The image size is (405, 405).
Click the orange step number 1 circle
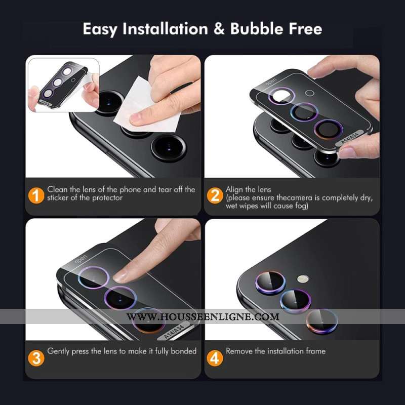tap(35, 195)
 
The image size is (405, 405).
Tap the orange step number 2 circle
tap(215, 195)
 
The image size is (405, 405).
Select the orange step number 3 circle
tap(35, 358)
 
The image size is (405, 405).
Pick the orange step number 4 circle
tap(215, 358)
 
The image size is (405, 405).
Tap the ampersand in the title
tap(219, 29)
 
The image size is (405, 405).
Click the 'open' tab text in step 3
tap(81, 260)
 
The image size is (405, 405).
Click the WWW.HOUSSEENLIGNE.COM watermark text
tap(202, 317)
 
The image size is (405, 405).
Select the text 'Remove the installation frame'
tap(275, 351)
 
